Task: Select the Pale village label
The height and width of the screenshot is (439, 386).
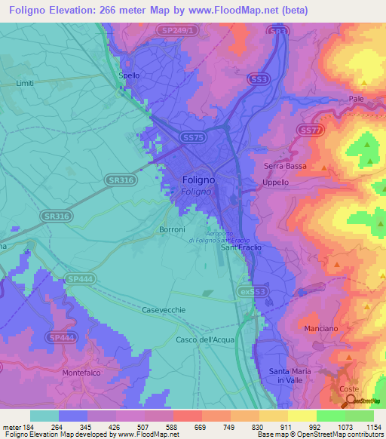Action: click(x=357, y=99)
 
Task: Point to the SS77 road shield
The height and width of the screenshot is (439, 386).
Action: click(x=310, y=130)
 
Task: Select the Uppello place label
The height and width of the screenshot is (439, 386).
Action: click(x=275, y=183)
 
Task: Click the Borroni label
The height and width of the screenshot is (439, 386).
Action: click(x=173, y=229)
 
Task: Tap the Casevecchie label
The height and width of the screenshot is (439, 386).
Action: click(x=164, y=310)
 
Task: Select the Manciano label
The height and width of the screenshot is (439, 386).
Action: click(x=321, y=330)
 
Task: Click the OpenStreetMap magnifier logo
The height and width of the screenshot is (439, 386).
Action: click(x=351, y=401)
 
